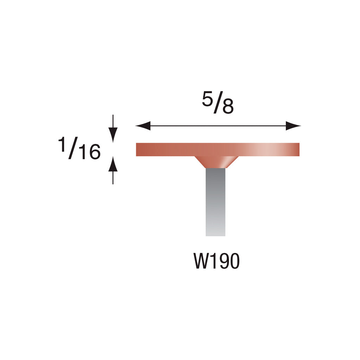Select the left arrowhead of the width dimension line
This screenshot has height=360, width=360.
(x=143, y=126)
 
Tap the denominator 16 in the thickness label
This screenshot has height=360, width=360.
(x=89, y=152)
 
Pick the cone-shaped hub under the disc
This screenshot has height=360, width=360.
(x=216, y=162)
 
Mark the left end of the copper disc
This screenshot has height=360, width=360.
(x=138, y=149)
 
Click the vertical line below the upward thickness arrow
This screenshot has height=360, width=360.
(x=112, y=178)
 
